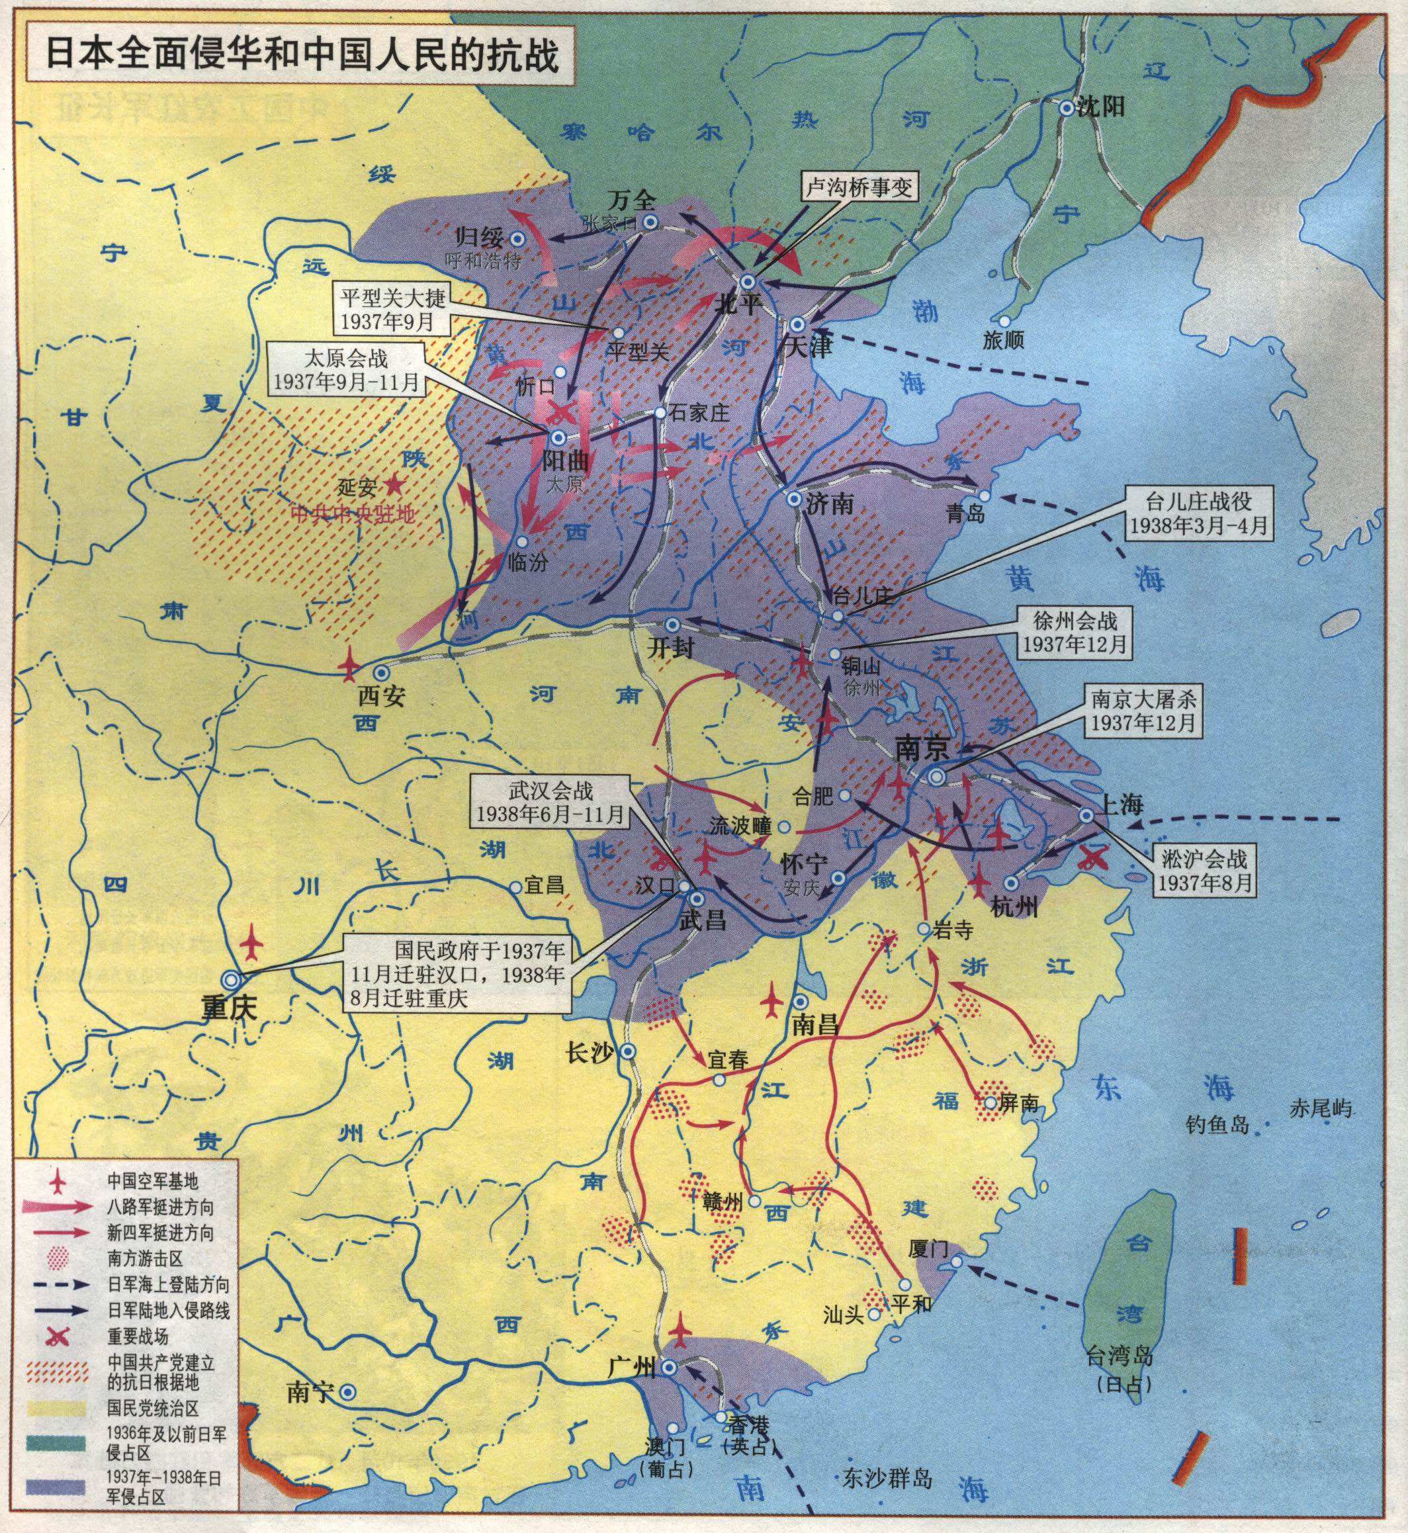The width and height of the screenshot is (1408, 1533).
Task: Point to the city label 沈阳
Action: pos(1101,107)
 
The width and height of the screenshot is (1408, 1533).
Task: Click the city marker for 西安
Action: pos(380,672)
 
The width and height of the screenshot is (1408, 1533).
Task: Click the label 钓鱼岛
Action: pos(1217,1124)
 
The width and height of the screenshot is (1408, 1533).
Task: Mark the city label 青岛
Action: pos(966,514)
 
